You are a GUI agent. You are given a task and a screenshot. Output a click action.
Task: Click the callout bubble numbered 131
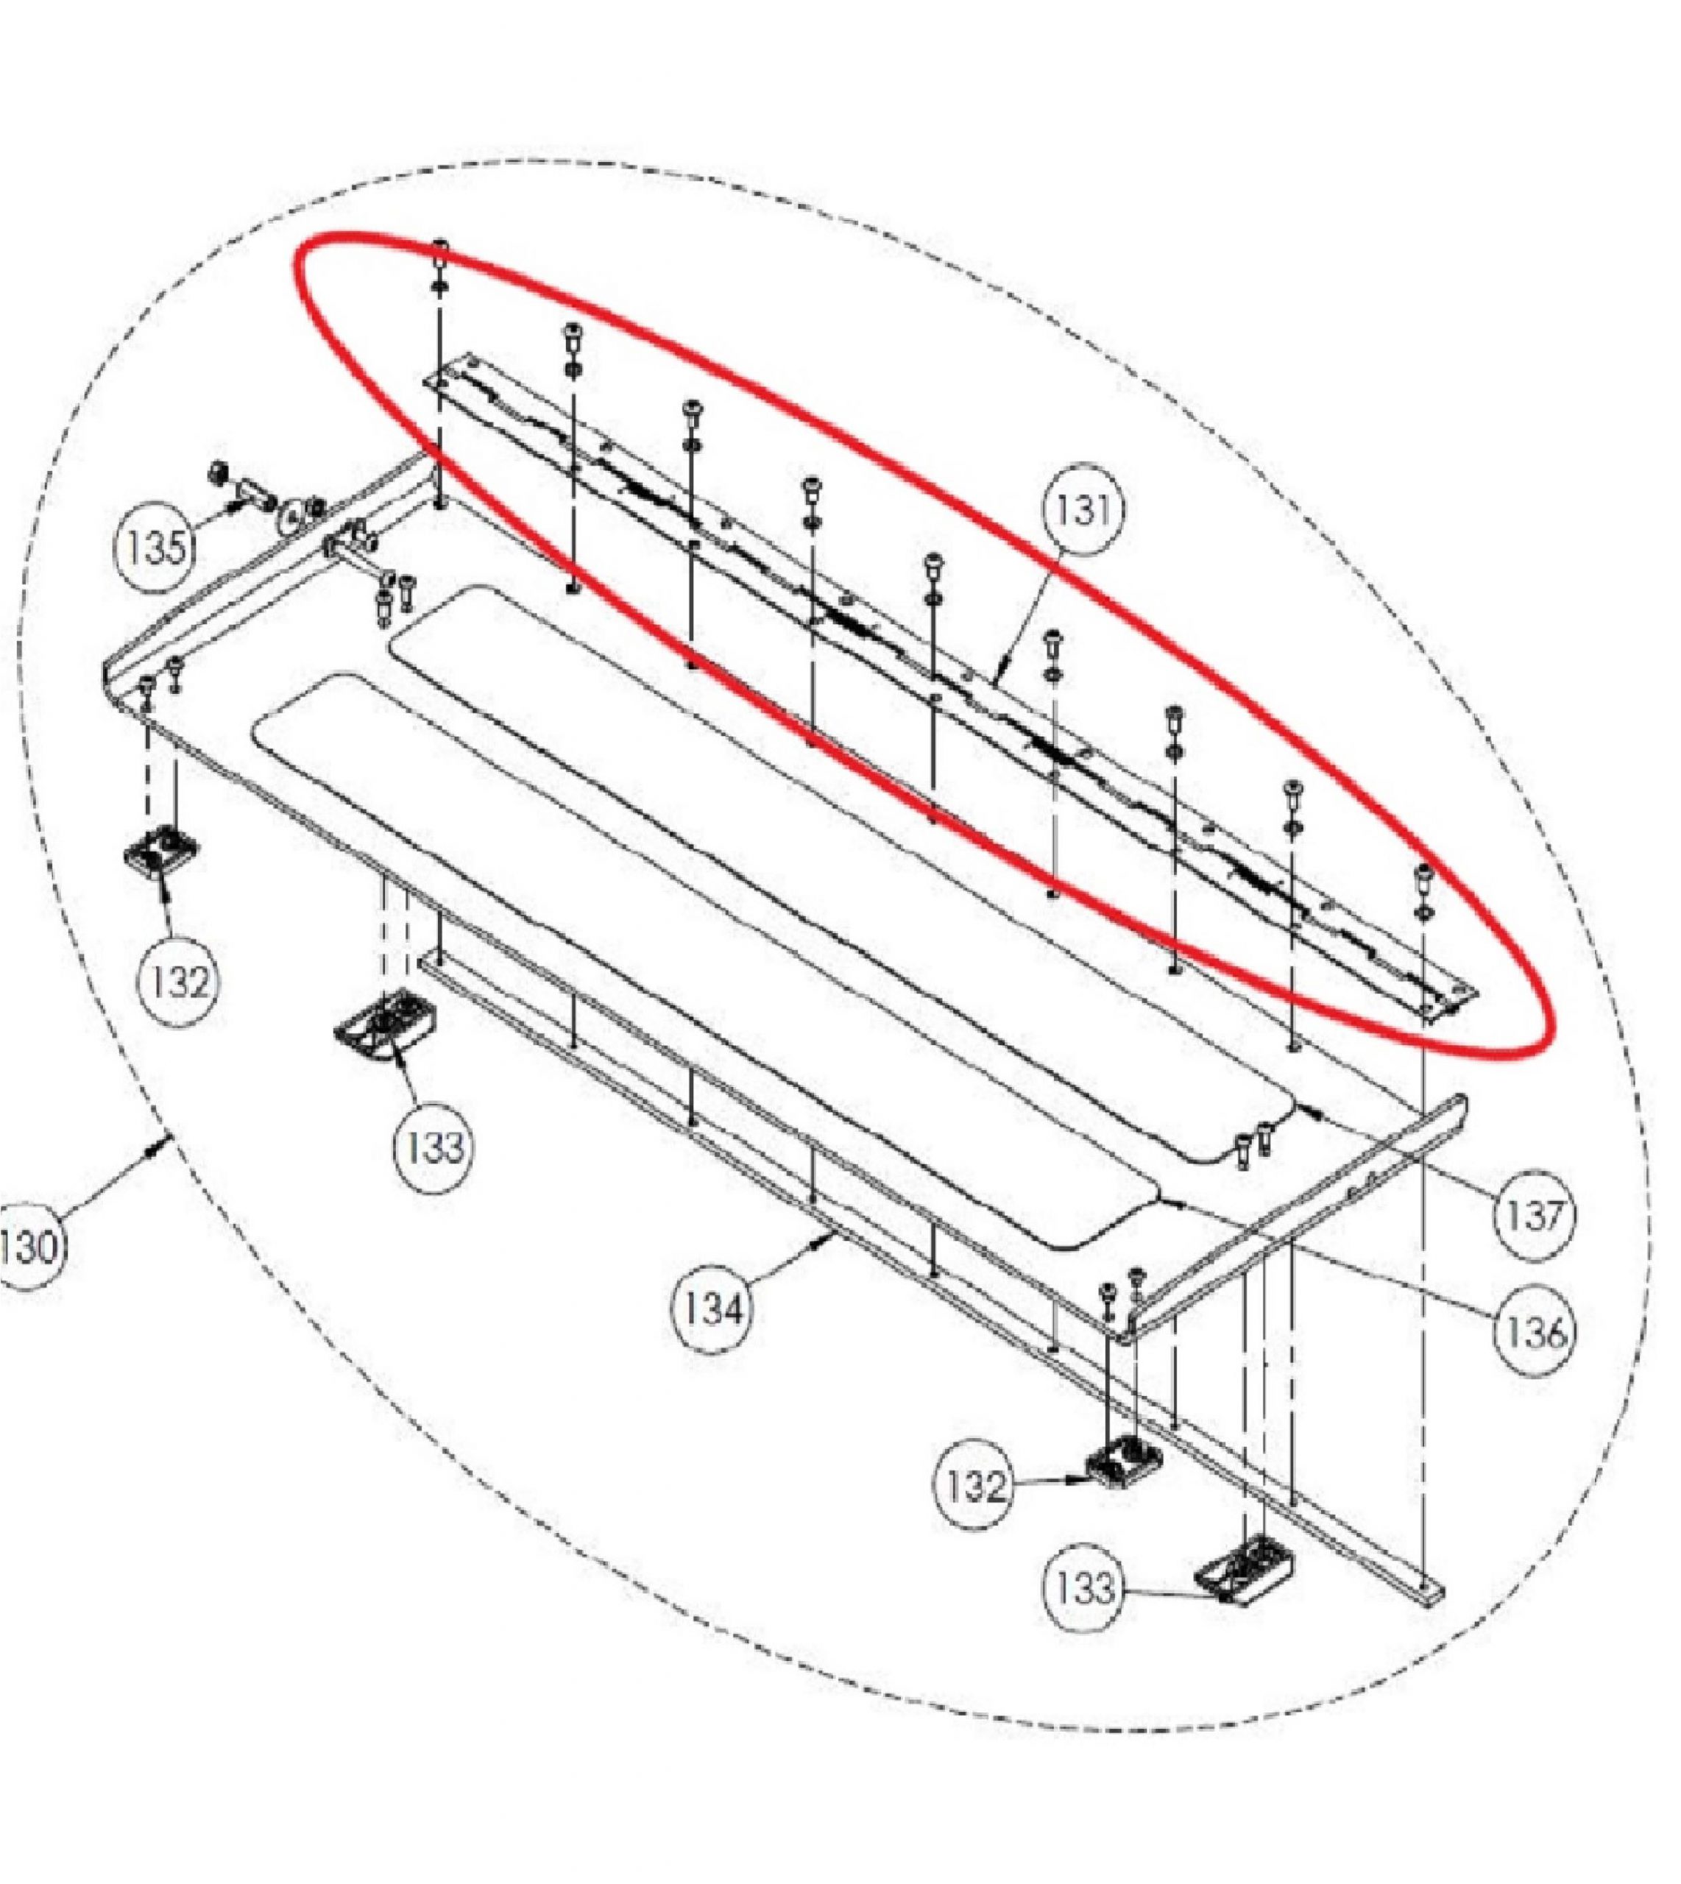pyautogui.click(x=1083, y=511)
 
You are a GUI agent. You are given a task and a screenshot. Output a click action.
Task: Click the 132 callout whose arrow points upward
pyautogui.click(x=179, y=981)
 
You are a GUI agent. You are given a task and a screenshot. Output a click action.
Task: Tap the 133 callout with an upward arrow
pyautogui.click(x=434, y=1148)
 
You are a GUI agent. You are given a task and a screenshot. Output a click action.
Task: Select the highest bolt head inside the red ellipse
pyautogui.click(x=441, y=247)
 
